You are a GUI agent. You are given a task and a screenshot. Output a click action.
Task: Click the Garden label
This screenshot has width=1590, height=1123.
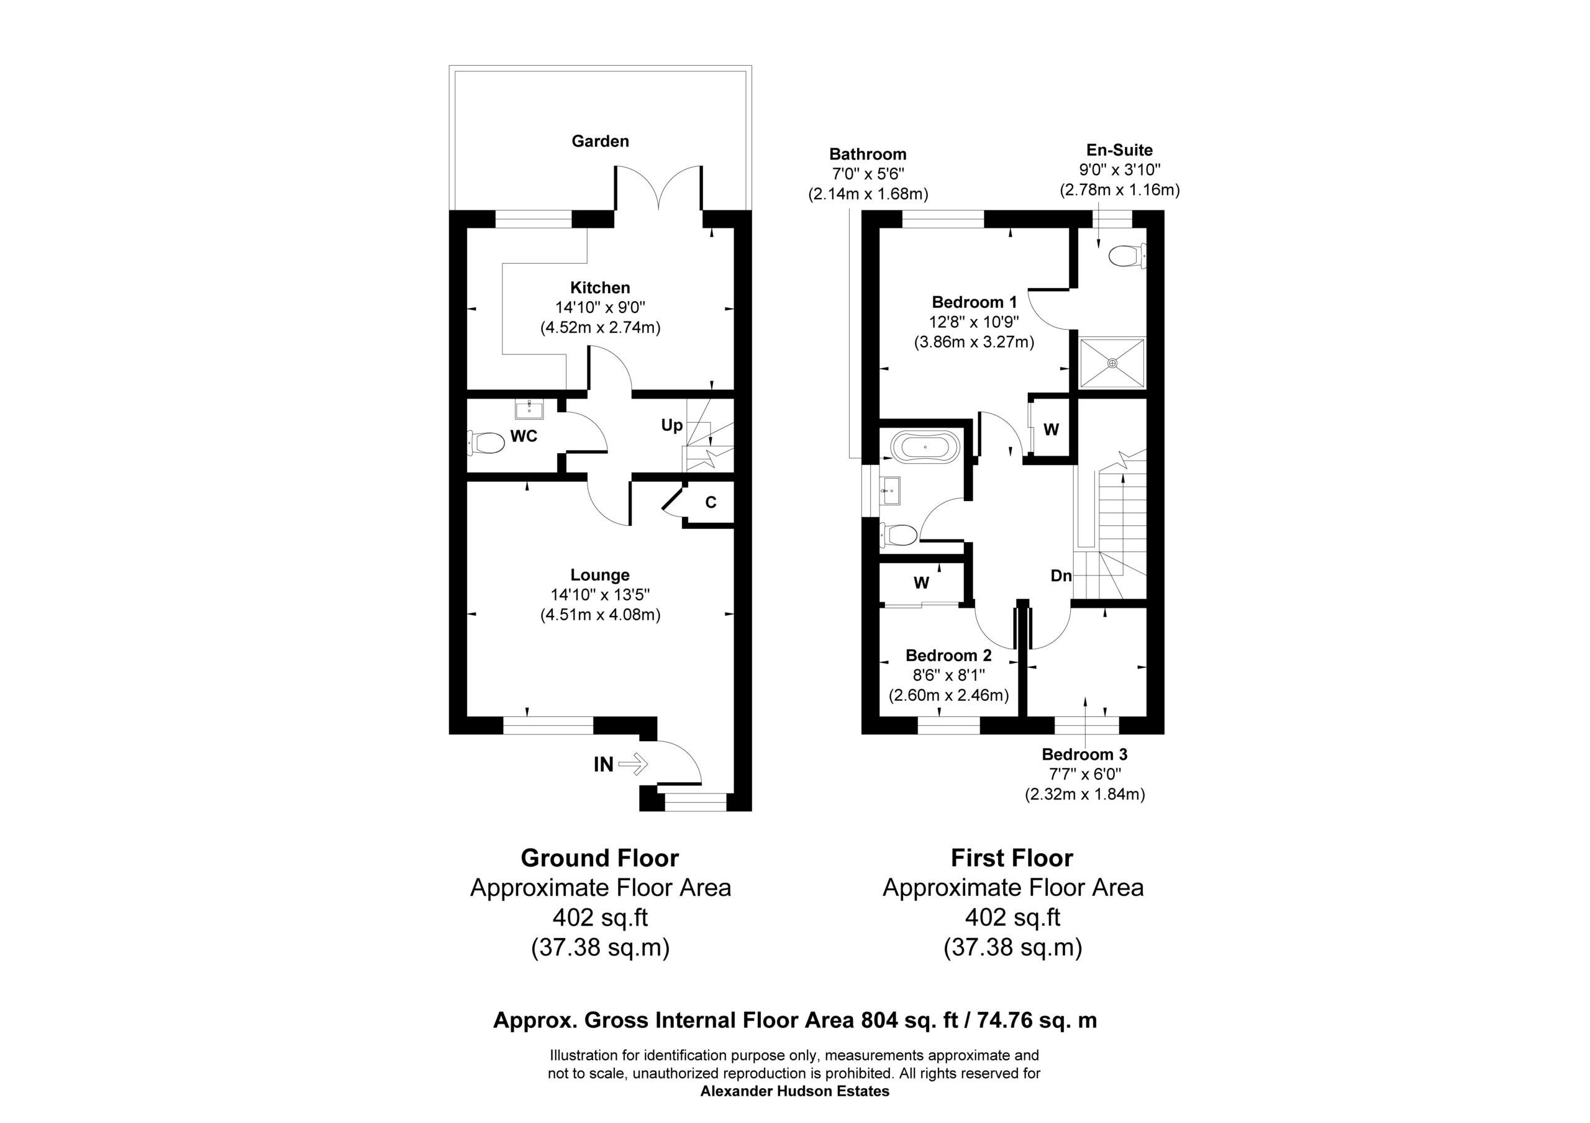[600, 142]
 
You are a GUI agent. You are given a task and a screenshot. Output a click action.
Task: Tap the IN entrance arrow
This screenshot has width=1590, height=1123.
[633, 764]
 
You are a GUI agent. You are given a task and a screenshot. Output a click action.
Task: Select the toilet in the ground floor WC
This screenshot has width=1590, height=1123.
[486, 442]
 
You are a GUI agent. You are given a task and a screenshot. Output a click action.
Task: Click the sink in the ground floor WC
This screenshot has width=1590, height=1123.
[530, 409]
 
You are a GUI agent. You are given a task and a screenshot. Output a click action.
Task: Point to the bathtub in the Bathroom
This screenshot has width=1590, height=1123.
[926, 447]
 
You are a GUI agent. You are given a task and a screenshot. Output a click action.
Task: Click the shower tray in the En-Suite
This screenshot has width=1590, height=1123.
[1113, 363]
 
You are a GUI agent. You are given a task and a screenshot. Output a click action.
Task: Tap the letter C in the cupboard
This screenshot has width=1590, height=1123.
[711, 503]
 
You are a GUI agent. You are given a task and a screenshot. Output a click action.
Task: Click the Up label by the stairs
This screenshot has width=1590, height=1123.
[672, 425]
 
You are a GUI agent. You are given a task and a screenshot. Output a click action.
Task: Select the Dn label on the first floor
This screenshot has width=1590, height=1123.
[1061, 575]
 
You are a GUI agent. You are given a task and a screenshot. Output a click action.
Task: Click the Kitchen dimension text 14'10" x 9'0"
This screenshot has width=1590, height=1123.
[600, 307]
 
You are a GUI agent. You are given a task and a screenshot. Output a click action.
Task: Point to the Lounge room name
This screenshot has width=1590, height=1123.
[600, 575]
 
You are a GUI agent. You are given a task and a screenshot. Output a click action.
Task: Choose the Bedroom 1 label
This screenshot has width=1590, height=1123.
[974, 302]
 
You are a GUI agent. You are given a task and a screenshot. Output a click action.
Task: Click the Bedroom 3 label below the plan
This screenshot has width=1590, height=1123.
[1084, 754]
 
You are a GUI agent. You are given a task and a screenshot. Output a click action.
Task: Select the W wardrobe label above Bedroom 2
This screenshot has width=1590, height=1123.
[921, 583]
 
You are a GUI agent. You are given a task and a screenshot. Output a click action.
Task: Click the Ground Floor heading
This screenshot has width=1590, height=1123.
[600, 858]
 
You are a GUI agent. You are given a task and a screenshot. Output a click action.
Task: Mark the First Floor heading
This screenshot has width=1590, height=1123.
[1012, 858]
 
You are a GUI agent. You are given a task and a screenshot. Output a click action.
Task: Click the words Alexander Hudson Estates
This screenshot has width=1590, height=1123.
[795, 1091]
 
